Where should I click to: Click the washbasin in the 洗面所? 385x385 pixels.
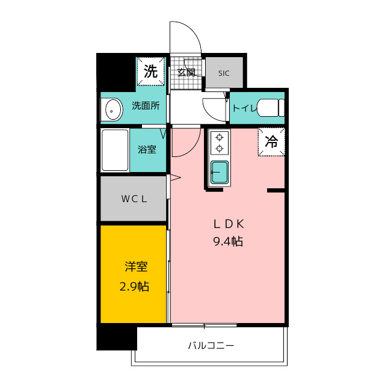pos(114,109)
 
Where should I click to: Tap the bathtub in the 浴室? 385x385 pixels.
pos(115,150)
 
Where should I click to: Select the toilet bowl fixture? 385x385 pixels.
pos(271,108)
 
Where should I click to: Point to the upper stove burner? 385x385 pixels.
pos(219,137)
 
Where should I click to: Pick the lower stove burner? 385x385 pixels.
pos(219,149)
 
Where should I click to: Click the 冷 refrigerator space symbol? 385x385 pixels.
pos(271,142)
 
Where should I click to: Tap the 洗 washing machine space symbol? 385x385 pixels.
pos(150,72)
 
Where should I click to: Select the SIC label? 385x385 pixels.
pos(224,73)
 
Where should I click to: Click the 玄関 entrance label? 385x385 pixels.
pos(186,72)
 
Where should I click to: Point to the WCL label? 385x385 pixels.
pos(134,199)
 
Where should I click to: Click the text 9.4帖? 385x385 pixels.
pos(228,242)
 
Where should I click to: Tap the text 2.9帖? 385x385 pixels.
pos(134,286)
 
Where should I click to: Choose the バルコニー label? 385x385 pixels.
pos(211,346)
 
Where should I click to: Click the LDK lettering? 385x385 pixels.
pos(229,224)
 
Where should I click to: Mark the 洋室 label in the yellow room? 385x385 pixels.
pos(137,267)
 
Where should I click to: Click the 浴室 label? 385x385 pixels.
pos(147,150)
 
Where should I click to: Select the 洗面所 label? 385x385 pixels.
pos(146,106)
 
